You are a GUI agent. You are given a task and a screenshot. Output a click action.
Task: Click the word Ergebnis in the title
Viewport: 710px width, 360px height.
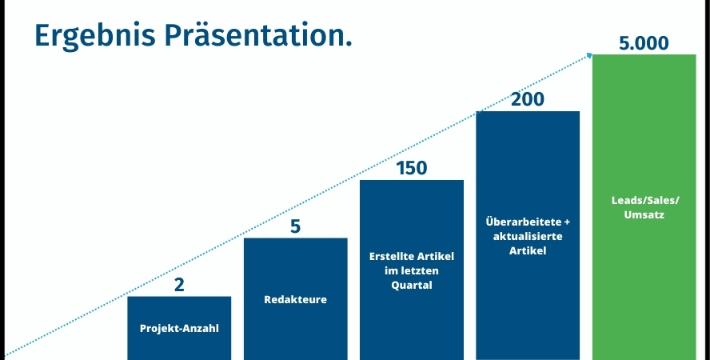(94, 36)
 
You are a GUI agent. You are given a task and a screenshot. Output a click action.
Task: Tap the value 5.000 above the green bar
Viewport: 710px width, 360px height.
(644, 43)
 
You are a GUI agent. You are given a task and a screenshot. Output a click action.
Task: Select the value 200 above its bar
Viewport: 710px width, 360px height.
(528, 100)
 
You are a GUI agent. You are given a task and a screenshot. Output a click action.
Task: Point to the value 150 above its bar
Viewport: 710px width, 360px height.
(412, 168)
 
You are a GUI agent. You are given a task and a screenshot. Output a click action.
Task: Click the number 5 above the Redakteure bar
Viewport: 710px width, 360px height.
(295, 226)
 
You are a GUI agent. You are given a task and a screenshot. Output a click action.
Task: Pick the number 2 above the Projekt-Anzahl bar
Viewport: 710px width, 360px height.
(179, 285)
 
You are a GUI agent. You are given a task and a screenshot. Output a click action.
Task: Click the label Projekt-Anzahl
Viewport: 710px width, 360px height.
(179, 328)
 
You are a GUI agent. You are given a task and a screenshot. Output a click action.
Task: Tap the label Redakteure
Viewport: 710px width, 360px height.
(295, 299)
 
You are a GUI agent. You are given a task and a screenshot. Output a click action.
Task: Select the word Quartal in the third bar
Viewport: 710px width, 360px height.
(412, 286)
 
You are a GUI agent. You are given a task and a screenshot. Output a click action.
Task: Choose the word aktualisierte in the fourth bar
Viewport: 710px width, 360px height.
(528, 236)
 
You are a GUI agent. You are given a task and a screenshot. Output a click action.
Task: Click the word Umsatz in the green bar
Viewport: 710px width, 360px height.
(644, 214)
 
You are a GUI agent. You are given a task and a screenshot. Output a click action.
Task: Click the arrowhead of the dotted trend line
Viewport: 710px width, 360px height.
(589, 55)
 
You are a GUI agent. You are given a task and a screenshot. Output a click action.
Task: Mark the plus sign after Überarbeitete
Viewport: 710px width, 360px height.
(567, 222)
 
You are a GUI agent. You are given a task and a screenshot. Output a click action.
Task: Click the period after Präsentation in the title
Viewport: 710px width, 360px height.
(349, 45)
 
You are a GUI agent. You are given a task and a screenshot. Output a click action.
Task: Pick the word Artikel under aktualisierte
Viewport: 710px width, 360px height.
(528, 250)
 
